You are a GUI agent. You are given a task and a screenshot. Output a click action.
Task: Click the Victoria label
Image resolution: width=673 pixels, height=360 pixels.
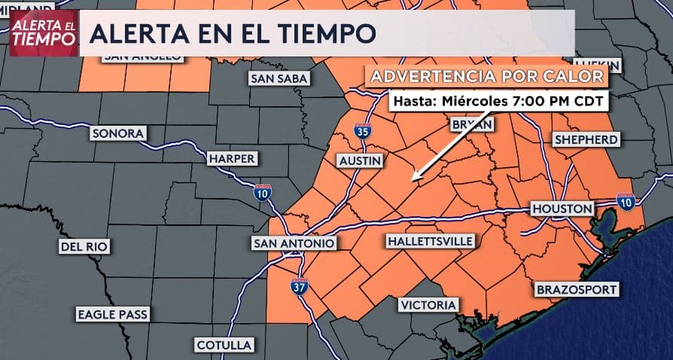coord(428,304)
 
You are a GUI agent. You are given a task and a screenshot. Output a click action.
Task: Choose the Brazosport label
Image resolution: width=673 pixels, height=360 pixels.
coord(577,289)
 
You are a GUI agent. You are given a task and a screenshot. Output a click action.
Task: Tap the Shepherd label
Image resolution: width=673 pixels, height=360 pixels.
coord(586,139)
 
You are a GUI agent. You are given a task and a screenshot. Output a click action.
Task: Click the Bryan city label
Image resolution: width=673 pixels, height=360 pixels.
coord(472,124)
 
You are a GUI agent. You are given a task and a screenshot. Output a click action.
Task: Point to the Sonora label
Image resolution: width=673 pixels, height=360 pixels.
coord(117,133)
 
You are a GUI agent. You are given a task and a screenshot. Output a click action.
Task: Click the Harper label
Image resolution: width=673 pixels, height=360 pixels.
coord(233,159)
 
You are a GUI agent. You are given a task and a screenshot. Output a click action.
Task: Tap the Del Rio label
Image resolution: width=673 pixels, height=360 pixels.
coord(84,246)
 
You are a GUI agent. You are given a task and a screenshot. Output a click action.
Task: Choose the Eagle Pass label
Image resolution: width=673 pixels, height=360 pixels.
coord(112,314)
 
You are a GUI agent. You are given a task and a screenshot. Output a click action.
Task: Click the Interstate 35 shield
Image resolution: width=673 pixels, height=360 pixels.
coord(363,131)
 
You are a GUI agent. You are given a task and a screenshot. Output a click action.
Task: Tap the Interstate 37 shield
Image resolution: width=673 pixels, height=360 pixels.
coord(299,285)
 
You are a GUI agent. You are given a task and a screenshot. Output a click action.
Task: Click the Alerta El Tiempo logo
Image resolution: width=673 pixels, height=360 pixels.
coord(44,34)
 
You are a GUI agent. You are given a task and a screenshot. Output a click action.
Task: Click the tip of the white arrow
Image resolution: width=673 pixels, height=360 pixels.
coord(413,183)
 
